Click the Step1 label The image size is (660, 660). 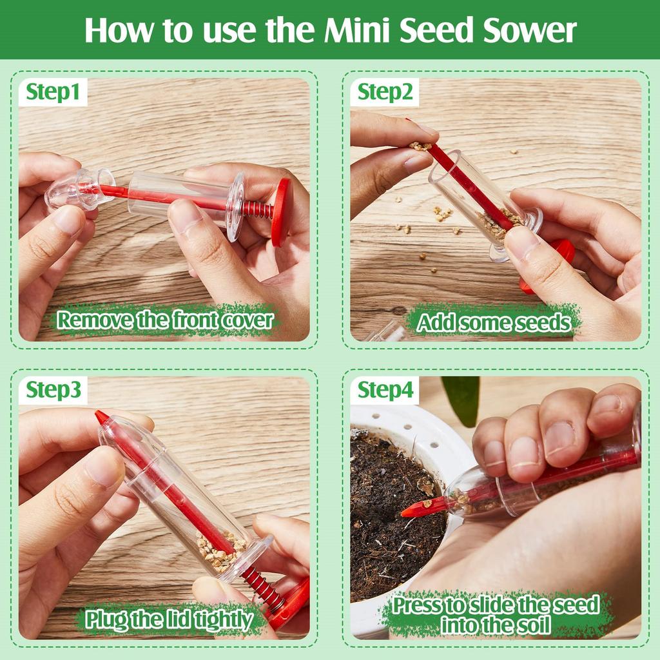click(53, 93)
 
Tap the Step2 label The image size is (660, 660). click(385, 93)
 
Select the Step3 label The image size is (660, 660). click(53, 391)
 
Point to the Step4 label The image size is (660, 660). click(385, 391)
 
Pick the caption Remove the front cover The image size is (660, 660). click(165, 320)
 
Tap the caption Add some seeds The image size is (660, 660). click(494, 322)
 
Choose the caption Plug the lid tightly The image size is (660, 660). click(169, 619)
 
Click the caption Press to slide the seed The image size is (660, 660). click(496, 607)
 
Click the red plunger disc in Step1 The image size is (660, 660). click(281, 211)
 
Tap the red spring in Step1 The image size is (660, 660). click(258, 209)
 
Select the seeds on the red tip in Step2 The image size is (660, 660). click(420, 146)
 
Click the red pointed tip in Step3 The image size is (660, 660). click(101, 417)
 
